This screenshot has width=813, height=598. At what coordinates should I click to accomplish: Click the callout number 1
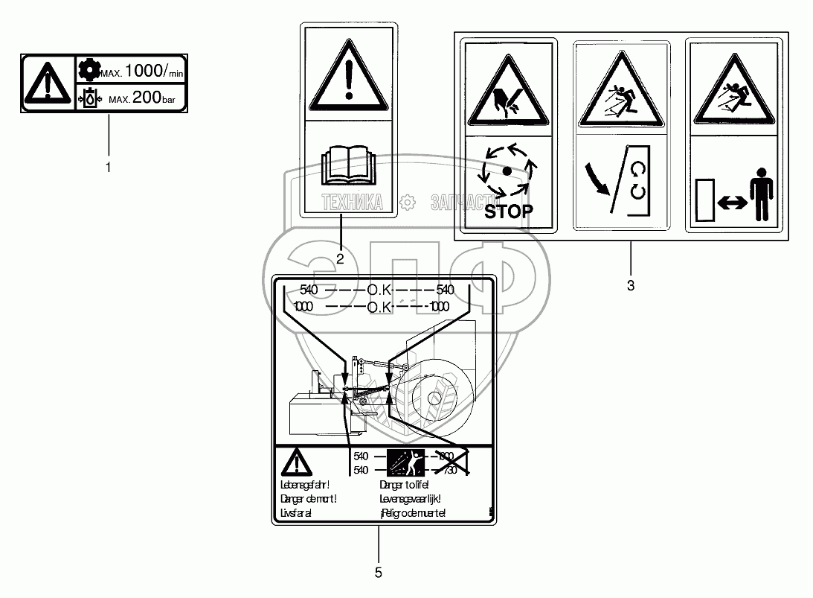109,168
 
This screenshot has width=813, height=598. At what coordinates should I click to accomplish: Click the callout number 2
340,259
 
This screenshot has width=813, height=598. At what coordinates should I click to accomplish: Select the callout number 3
631,284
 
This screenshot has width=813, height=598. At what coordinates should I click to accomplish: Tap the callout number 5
379,572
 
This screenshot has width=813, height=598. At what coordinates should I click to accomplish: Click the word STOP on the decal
509,211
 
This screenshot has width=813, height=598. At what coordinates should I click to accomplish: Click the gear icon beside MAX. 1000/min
88,70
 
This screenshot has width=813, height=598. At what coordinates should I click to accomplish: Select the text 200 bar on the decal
152,98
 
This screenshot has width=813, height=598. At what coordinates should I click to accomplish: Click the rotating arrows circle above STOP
508,171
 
